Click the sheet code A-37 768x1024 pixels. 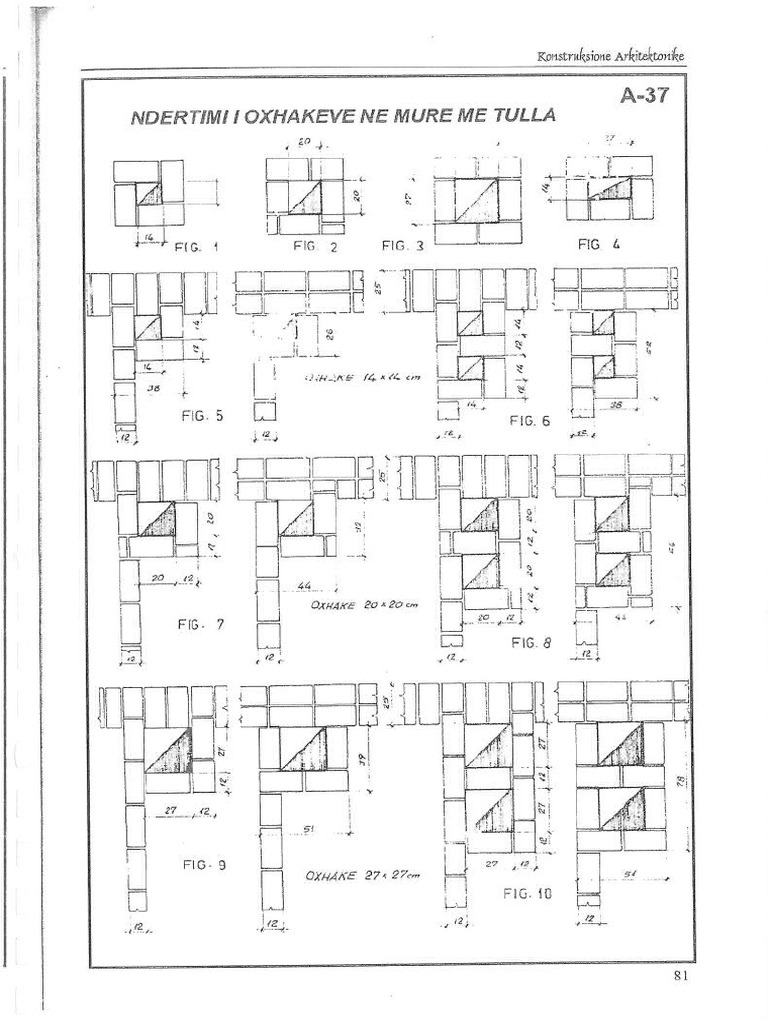tap(644, 97)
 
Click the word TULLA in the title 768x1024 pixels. tap(521, 117)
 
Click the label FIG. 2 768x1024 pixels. tap(317, 245)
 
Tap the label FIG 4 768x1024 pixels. tap(600, 241)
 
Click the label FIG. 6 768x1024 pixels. tap(529, 421)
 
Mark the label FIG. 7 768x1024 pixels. tap(201, 624)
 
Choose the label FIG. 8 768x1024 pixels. tap(530, 643)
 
